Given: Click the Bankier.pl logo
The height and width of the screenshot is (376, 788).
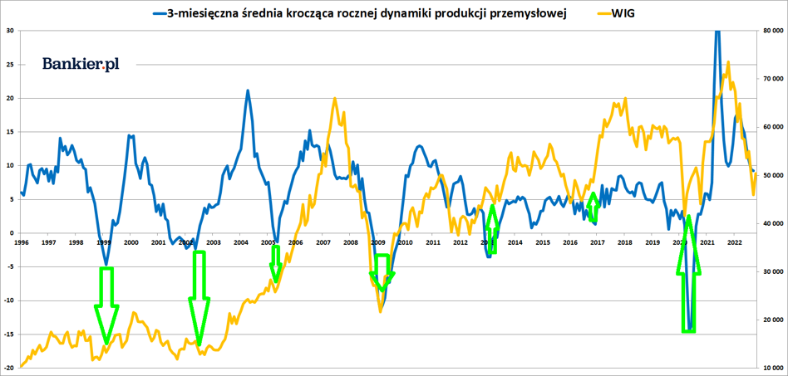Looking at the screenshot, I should tap(81, 64).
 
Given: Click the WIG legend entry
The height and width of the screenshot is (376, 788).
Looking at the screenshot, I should tap(623, 13).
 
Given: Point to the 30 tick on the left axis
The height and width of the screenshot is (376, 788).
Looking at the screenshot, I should tap(10, 31).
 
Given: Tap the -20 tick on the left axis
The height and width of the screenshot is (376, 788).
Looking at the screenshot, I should tap(8, 367).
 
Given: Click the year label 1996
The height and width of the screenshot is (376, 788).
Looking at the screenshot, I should tap(22, 242).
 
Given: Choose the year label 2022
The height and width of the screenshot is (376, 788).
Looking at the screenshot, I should tap(734, 242).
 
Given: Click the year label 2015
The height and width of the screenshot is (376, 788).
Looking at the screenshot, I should tap(542, 242).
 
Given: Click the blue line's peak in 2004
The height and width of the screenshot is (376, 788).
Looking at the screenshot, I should tap(247, 90).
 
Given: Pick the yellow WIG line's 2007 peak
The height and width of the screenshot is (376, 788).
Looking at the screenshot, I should tap(334, 99).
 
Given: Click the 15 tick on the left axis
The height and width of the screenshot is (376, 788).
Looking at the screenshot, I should tap(10, 132).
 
